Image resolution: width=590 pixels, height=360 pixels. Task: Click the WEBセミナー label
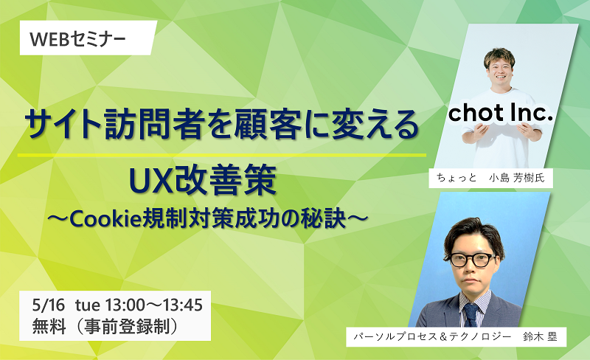(x=77, y=39)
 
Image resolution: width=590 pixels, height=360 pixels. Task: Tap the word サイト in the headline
(x=64, y=124)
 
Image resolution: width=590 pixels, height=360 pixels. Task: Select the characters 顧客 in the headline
(x=267, y=124)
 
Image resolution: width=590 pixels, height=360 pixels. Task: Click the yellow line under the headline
(x=222, y=155)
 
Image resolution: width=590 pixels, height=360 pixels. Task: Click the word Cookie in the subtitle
(x=105, y=219)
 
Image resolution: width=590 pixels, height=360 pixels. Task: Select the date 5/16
(x=48, y=305)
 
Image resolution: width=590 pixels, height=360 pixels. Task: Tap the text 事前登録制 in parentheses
(x=126, y=326)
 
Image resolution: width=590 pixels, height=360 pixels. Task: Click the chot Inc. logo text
(x=501, y=113)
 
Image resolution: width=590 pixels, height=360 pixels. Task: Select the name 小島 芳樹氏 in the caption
(x=517, y=178)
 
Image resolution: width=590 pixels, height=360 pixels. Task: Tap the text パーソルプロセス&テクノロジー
(x=432, y=336)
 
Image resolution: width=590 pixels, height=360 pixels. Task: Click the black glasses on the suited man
(x=473, y=260)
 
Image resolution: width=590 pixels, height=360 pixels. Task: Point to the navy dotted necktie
(x=471, y=315)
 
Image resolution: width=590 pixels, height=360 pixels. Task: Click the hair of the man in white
(x=499, y=58)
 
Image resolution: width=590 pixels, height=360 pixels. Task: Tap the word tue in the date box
(x=87, y=305)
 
